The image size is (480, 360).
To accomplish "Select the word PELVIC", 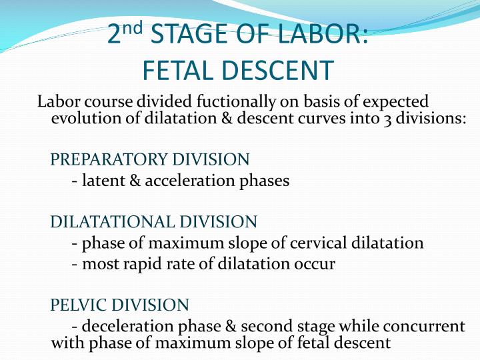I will (79, 305).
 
